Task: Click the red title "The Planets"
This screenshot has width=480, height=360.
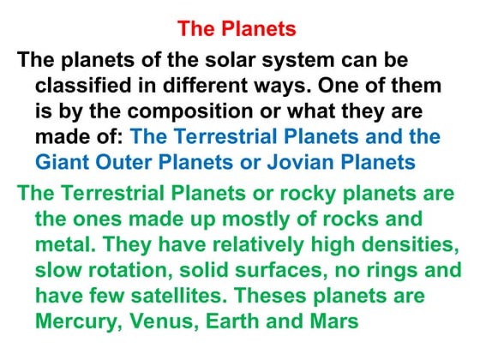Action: tap(237, 29)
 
